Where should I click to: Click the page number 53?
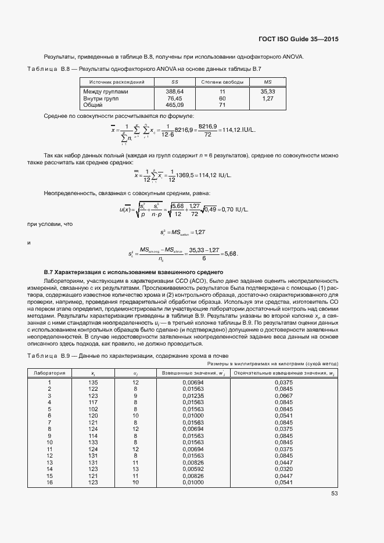coord(334,494)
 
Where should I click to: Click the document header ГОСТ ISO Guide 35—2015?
coord(298,39)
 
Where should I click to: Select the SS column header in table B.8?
coord(174,82)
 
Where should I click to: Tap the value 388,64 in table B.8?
coord(174,92)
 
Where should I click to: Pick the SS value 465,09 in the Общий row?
coord(174,105)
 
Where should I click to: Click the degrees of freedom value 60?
coord(222,99)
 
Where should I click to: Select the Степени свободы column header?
coord(221,82)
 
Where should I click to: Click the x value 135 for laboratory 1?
coord(93,382)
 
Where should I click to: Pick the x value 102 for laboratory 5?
coord(93,409)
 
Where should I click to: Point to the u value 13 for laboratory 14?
coord(135,469)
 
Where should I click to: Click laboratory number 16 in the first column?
coord(49,482)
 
